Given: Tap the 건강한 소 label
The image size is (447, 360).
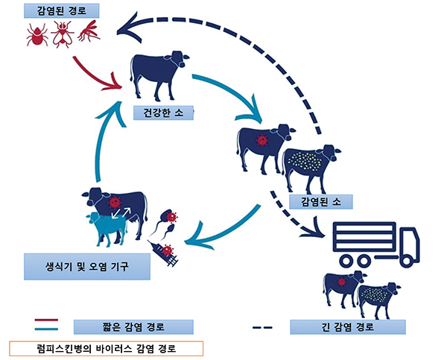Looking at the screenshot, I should click(162, 113).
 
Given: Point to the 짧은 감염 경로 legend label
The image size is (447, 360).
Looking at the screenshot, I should click(133, 326).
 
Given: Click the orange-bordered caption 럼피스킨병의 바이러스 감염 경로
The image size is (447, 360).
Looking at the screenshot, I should click(105, 348).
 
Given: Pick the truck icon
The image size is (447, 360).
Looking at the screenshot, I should click(375, 243).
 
